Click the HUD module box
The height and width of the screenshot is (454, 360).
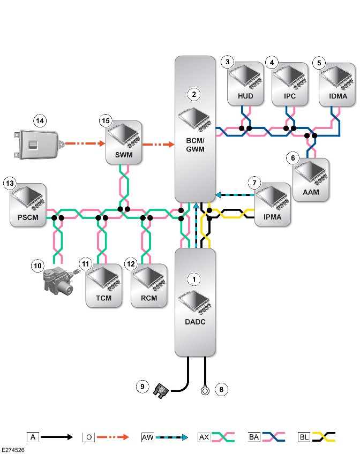pos(245,84)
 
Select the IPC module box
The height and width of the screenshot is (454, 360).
pos(290,84)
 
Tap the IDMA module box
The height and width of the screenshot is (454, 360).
pos(337,85)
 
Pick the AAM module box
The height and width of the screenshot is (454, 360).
pos(311,179)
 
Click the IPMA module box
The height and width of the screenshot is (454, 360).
pos(273,205)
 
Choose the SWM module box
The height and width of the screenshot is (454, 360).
pos(124,142)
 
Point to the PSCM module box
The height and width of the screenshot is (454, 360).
pos(28,205)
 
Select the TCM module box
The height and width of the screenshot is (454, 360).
pos(104,285)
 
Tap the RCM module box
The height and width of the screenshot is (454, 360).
pos(149,285)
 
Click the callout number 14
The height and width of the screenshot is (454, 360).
pos(40,121)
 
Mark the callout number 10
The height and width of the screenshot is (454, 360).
pos(37,266)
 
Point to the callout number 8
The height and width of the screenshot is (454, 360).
pos(222,389)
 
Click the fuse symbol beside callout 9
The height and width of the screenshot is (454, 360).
pos(161,391)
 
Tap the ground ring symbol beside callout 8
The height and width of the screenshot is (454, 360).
pos(205,391)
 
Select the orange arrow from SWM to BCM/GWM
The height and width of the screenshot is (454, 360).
pos(158,144)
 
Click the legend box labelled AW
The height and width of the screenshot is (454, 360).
pos(147,437)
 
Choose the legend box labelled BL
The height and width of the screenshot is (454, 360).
pos(304,437)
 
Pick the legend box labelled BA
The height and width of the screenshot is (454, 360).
pos(254,437)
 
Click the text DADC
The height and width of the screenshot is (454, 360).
pos(195,322)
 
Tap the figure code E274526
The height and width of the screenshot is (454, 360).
pos(13,450)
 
